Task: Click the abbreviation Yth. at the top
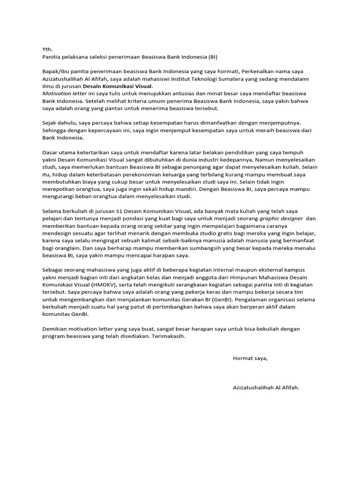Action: pos(47,49)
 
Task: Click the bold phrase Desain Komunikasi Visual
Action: pos(118,87)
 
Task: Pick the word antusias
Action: pos(167,93)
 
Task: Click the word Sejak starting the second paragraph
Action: pos(51,123)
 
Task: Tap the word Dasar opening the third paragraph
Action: pos(51,153)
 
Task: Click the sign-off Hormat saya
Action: pos(250,359)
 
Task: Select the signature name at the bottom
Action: pos(265,389)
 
